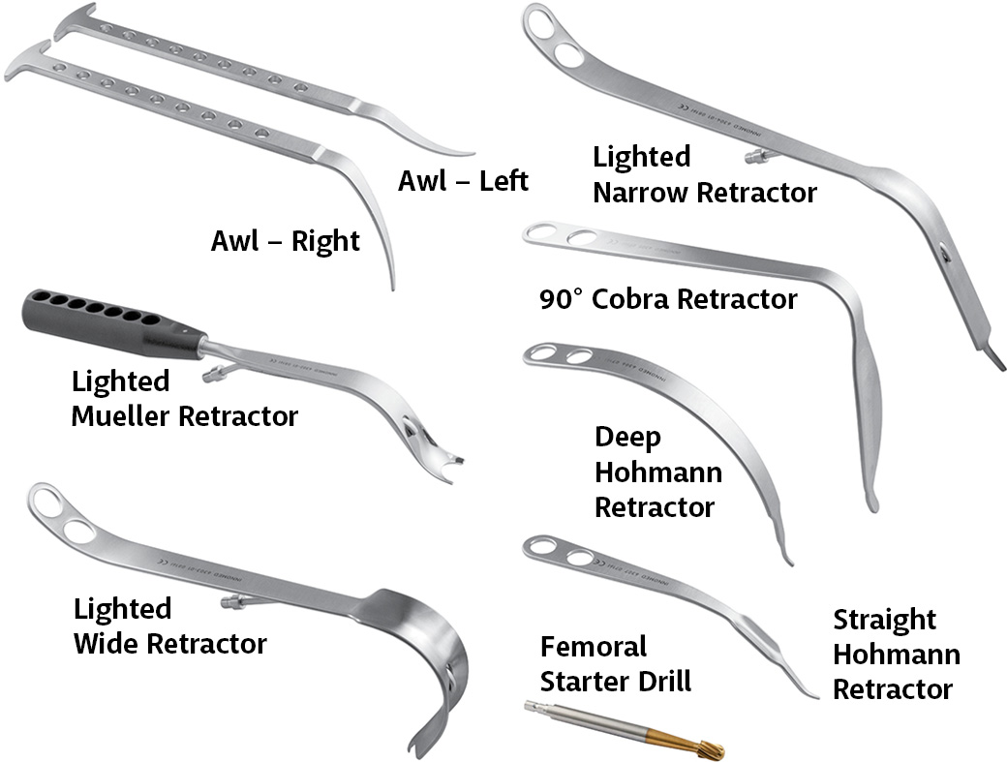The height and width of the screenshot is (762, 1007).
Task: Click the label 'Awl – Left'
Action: tap(463, 181)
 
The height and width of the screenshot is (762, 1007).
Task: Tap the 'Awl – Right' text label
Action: tap(286, 240)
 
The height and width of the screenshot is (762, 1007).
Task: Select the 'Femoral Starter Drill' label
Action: tap(616, 663)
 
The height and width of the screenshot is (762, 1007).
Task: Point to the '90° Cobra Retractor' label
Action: tap(668, 299)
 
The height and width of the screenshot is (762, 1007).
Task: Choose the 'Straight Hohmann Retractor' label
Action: tap(897, 654)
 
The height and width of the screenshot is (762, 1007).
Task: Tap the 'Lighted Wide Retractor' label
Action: tap(169, 625)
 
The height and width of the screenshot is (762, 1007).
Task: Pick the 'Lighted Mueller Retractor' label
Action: tap(184, 399)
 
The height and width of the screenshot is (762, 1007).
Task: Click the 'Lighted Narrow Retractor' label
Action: tap(705, 174)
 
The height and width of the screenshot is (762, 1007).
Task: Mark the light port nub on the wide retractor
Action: tap(230, 603)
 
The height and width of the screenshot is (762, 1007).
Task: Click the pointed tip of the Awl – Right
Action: tap(392, 286)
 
